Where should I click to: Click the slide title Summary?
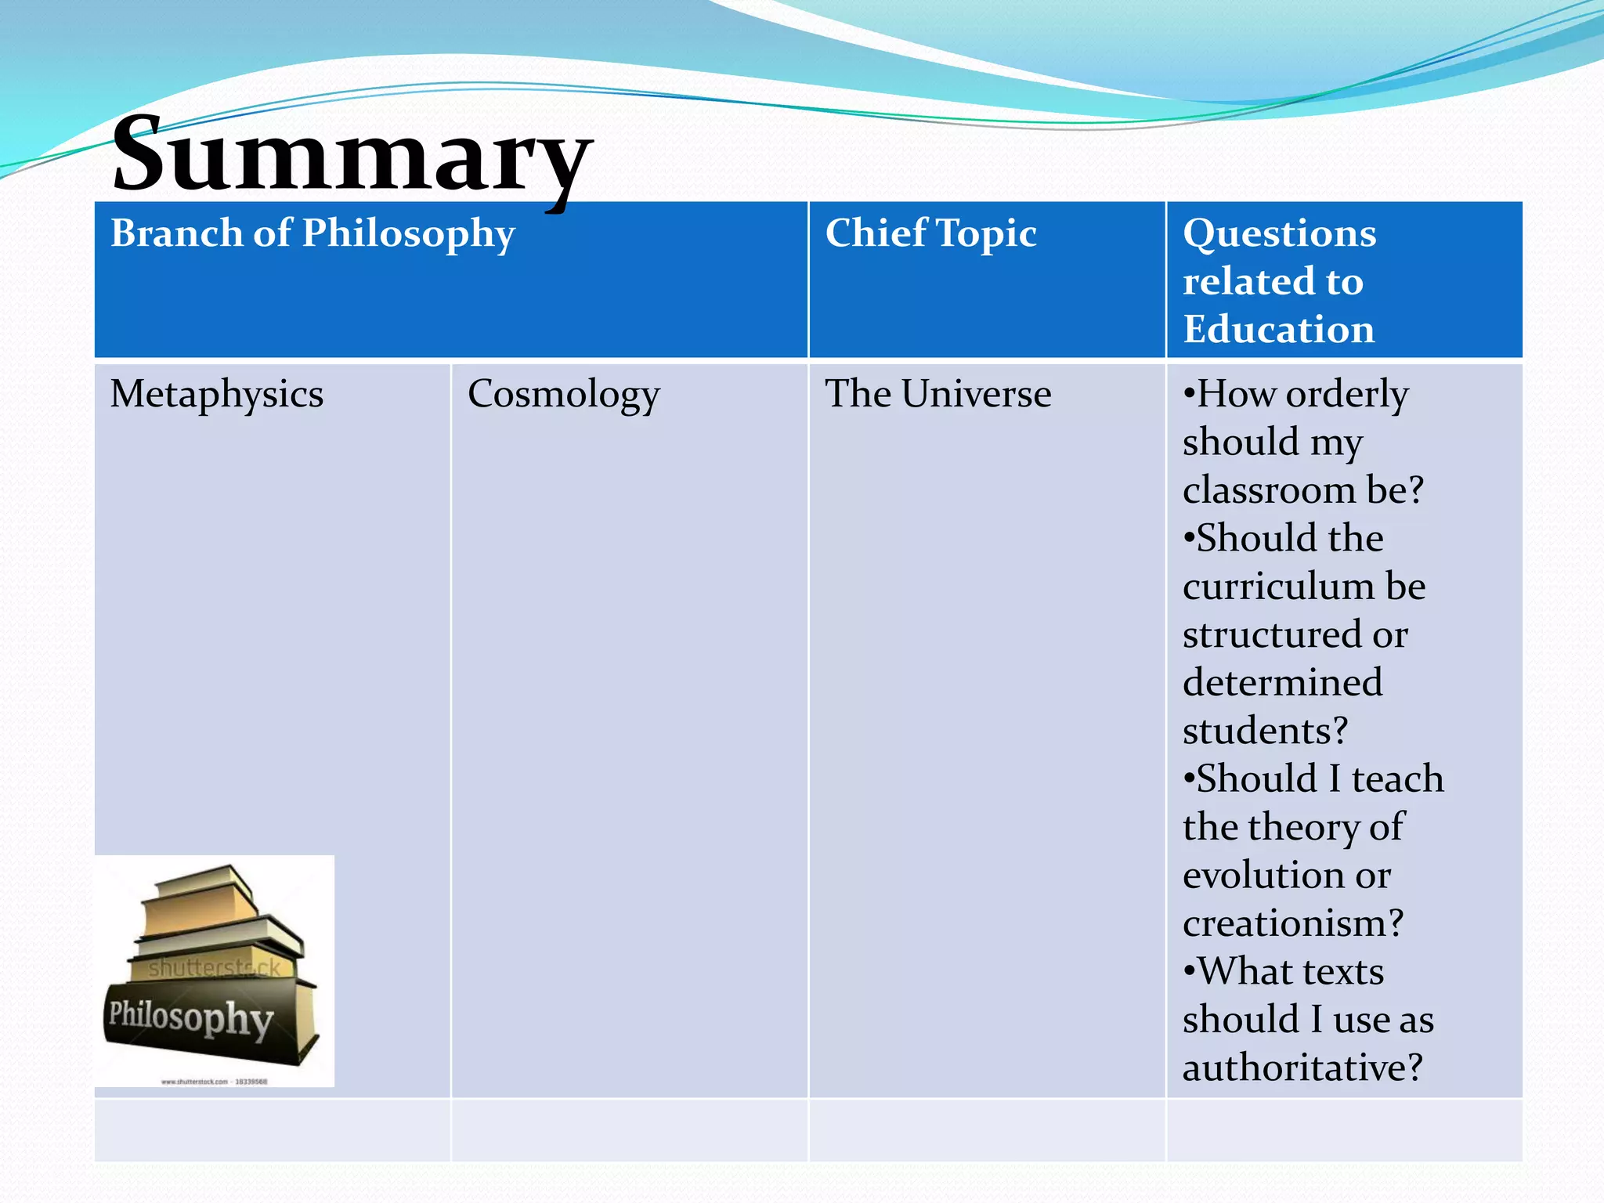(x=352, y=154)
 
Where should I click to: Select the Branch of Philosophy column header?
(x=312, y=233)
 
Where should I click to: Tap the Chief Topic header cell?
(x=930, y=233)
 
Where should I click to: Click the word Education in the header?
(x=1278, y=330)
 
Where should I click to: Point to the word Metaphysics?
(x=217, y=394)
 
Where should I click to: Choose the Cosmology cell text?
(x=563, y=394)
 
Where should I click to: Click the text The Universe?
(x=937, y=394)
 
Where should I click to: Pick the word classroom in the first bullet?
(x=1269, y=490)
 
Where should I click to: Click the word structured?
(x=1273, y=634)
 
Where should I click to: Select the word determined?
(x=1282, y=683)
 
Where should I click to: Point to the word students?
(x=1265, y=731)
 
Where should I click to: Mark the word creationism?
(x=1293, y=923)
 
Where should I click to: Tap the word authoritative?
(x=1302, y=1068)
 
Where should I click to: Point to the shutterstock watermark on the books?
(x=214, y=969)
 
